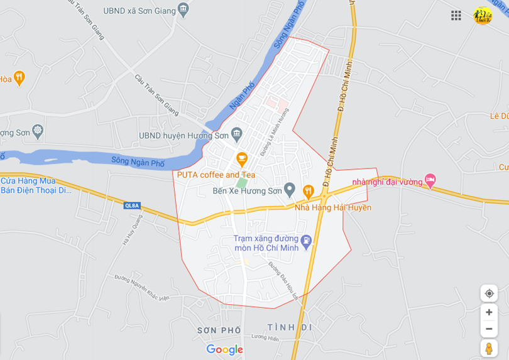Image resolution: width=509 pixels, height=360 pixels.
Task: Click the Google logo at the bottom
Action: (x=224, y=349)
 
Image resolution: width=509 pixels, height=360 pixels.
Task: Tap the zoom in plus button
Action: (x=489, y=312)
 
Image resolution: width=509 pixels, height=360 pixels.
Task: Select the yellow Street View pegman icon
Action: (x=489, y=347)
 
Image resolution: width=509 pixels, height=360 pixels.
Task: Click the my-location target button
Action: (x=489, y=293)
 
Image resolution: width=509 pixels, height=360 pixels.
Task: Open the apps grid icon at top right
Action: (x=456, y=15)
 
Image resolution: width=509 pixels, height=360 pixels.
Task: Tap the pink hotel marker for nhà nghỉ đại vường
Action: (x=430, y=180)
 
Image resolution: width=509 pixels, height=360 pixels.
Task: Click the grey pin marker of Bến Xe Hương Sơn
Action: (x=290, y=188)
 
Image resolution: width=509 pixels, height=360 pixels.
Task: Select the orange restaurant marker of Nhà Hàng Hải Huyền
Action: (x=308, y=191)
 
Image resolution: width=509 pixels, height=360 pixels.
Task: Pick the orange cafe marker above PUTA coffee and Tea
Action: (x=241, y=159)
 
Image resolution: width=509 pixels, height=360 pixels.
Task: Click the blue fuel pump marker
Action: (x=307, y=240)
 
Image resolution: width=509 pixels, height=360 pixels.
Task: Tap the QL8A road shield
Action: (x=132, y=205)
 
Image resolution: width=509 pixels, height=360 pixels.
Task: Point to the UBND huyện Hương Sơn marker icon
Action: (x=236, y=133)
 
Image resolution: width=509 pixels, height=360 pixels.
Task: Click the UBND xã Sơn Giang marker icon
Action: (x=183, y=9)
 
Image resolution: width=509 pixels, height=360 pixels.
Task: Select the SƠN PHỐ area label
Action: (x=219, y=330)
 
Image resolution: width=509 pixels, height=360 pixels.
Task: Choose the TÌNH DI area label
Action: (x=289, y=327)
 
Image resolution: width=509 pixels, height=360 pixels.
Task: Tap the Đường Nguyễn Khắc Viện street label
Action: (x=142, y=287)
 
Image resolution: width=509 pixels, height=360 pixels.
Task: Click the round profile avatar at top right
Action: (x=483, y=15)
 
